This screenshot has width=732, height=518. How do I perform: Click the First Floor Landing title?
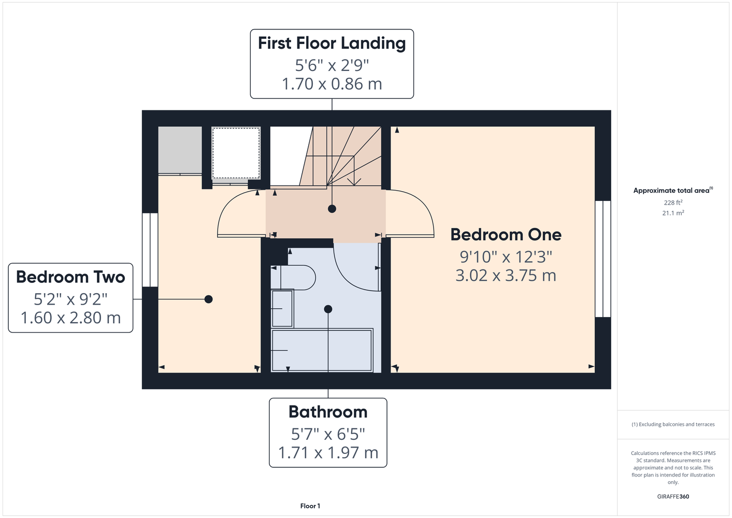click(x=332, y=44)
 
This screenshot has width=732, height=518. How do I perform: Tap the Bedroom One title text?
click(x=506, y=235)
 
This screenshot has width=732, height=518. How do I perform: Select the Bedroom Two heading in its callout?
click(x=70, y=277)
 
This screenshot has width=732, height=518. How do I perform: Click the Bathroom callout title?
click(x=328, y=412)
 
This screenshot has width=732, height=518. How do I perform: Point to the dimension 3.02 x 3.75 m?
click(x=506, y=275)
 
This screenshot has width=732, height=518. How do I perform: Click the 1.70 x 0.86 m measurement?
click(x=332, y=84)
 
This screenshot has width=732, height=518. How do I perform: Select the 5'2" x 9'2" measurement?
click(x=70, y=299)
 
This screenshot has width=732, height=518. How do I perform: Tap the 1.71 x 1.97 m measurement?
click(x=328, y=453)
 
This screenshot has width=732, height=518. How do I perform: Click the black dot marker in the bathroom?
click(x=328, y=309)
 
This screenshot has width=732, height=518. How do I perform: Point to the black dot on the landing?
click(x=332, y=209)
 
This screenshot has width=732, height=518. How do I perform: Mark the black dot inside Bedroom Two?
click(x=208, y=299)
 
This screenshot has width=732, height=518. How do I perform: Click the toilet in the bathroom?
click(x=293, y=278)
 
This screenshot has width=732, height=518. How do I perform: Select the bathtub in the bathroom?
click(x=322, y=350)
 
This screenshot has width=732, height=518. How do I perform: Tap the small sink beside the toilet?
click(x=282, y=309)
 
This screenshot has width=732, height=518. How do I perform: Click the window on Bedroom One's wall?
click(x=603, y=259)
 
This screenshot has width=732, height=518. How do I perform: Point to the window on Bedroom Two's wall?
click(x=150, y=250)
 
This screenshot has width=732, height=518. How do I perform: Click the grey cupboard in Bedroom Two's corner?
click(x=180, y=150)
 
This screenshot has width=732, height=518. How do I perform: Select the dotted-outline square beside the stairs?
click(x=236, y=153)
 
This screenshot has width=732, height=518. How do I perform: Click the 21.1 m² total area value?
click(x=673, y=213)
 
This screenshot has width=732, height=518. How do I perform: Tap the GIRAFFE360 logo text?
click(x=673, y=496)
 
